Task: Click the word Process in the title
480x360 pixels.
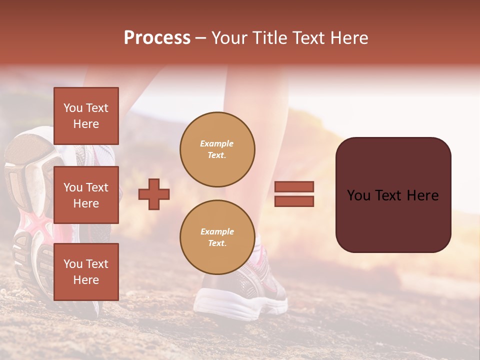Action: (x=157, y=38)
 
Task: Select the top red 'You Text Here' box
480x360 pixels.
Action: (x=86, y=116)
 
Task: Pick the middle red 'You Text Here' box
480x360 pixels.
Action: (x=86, y=195)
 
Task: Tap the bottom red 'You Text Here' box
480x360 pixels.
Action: (x=86, y=272)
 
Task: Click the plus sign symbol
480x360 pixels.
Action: (x=154, y=194)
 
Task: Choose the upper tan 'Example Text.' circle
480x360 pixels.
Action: (x=217, y=149)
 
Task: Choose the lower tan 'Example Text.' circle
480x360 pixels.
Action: (x=217, y=237)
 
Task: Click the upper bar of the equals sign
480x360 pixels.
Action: (x=294, y=187)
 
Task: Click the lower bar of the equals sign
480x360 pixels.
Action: (x=294, y=201)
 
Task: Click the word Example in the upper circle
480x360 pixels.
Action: (x=217, y=144)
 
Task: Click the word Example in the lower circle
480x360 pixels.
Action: (x=217, y=232)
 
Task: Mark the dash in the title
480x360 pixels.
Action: (x=201, y=38)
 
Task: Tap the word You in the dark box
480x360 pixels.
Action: (x=358, y=195)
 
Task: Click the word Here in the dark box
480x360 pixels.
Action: (x=422, y=195)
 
